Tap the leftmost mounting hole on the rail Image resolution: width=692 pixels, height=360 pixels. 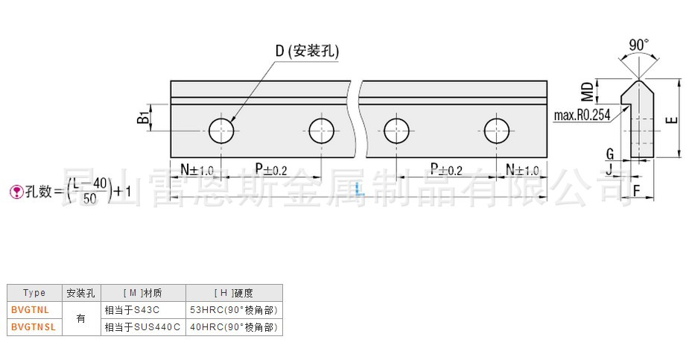tap(221, 130)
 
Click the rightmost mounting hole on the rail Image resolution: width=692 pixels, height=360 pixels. tap(496, 130)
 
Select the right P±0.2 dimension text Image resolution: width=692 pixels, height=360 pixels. tap(446, 170)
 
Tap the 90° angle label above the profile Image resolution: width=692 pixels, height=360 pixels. tap(638, 45)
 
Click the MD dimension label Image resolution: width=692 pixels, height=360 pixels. tap(588, 92)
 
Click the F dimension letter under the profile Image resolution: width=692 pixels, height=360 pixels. tap(638, 192)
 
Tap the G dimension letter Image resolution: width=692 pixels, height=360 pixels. tap(610, 154)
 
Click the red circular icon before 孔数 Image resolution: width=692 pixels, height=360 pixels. tap(15, 192)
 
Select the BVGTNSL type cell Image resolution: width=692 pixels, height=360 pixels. tap(32, 326)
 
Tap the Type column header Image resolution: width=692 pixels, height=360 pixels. tap(34, 293)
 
